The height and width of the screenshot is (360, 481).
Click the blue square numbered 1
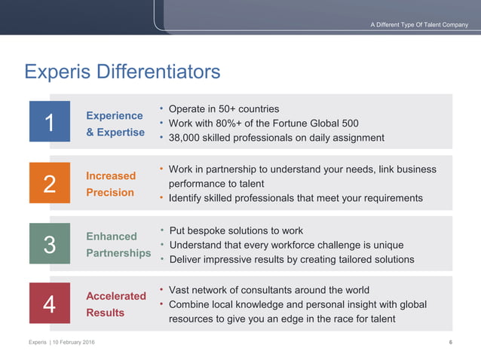(x=49, y=121)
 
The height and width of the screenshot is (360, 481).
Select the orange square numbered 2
(x=49, y=182)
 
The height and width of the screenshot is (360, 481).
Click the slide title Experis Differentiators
(x=122, y=72)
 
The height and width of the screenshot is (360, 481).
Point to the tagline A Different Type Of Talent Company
(x=419, y=25)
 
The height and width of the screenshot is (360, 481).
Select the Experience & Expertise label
(x=115, y=124)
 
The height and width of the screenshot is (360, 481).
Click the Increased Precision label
(x=111, y=184)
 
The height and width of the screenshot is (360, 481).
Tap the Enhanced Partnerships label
(x=118, y=244)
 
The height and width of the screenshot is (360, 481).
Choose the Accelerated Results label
(x=115, y=304)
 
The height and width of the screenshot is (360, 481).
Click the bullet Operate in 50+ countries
(x=224, y=108)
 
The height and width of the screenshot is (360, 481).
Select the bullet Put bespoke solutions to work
(x=236, y=230)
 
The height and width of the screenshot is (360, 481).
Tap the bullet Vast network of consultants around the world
(x=269, y=290)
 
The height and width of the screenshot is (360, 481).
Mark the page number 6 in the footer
(x=450, y=343)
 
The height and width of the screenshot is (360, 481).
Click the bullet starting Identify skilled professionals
(x=296, y=198)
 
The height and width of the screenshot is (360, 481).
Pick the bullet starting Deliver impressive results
(x=291, y=259)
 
